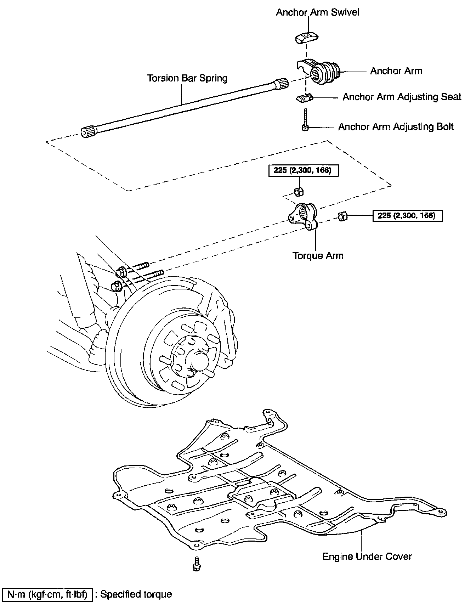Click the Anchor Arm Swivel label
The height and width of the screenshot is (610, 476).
(317, 12)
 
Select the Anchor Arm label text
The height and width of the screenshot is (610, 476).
(396, 71)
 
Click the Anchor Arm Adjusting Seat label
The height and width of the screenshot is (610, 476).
(402, 97)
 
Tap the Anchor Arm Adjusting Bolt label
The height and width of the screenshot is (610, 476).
(396, 127)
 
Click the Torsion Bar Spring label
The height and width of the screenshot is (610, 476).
(187, 78)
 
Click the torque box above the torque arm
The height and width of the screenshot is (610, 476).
(302, 171)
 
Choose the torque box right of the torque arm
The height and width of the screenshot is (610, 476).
(407, 215)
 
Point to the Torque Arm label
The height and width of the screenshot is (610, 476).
(318, 255)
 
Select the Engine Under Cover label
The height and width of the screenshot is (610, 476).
(367, 557)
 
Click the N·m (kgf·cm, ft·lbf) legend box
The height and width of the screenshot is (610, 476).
(47, 594)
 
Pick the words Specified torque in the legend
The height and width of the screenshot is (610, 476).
(136, 594)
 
